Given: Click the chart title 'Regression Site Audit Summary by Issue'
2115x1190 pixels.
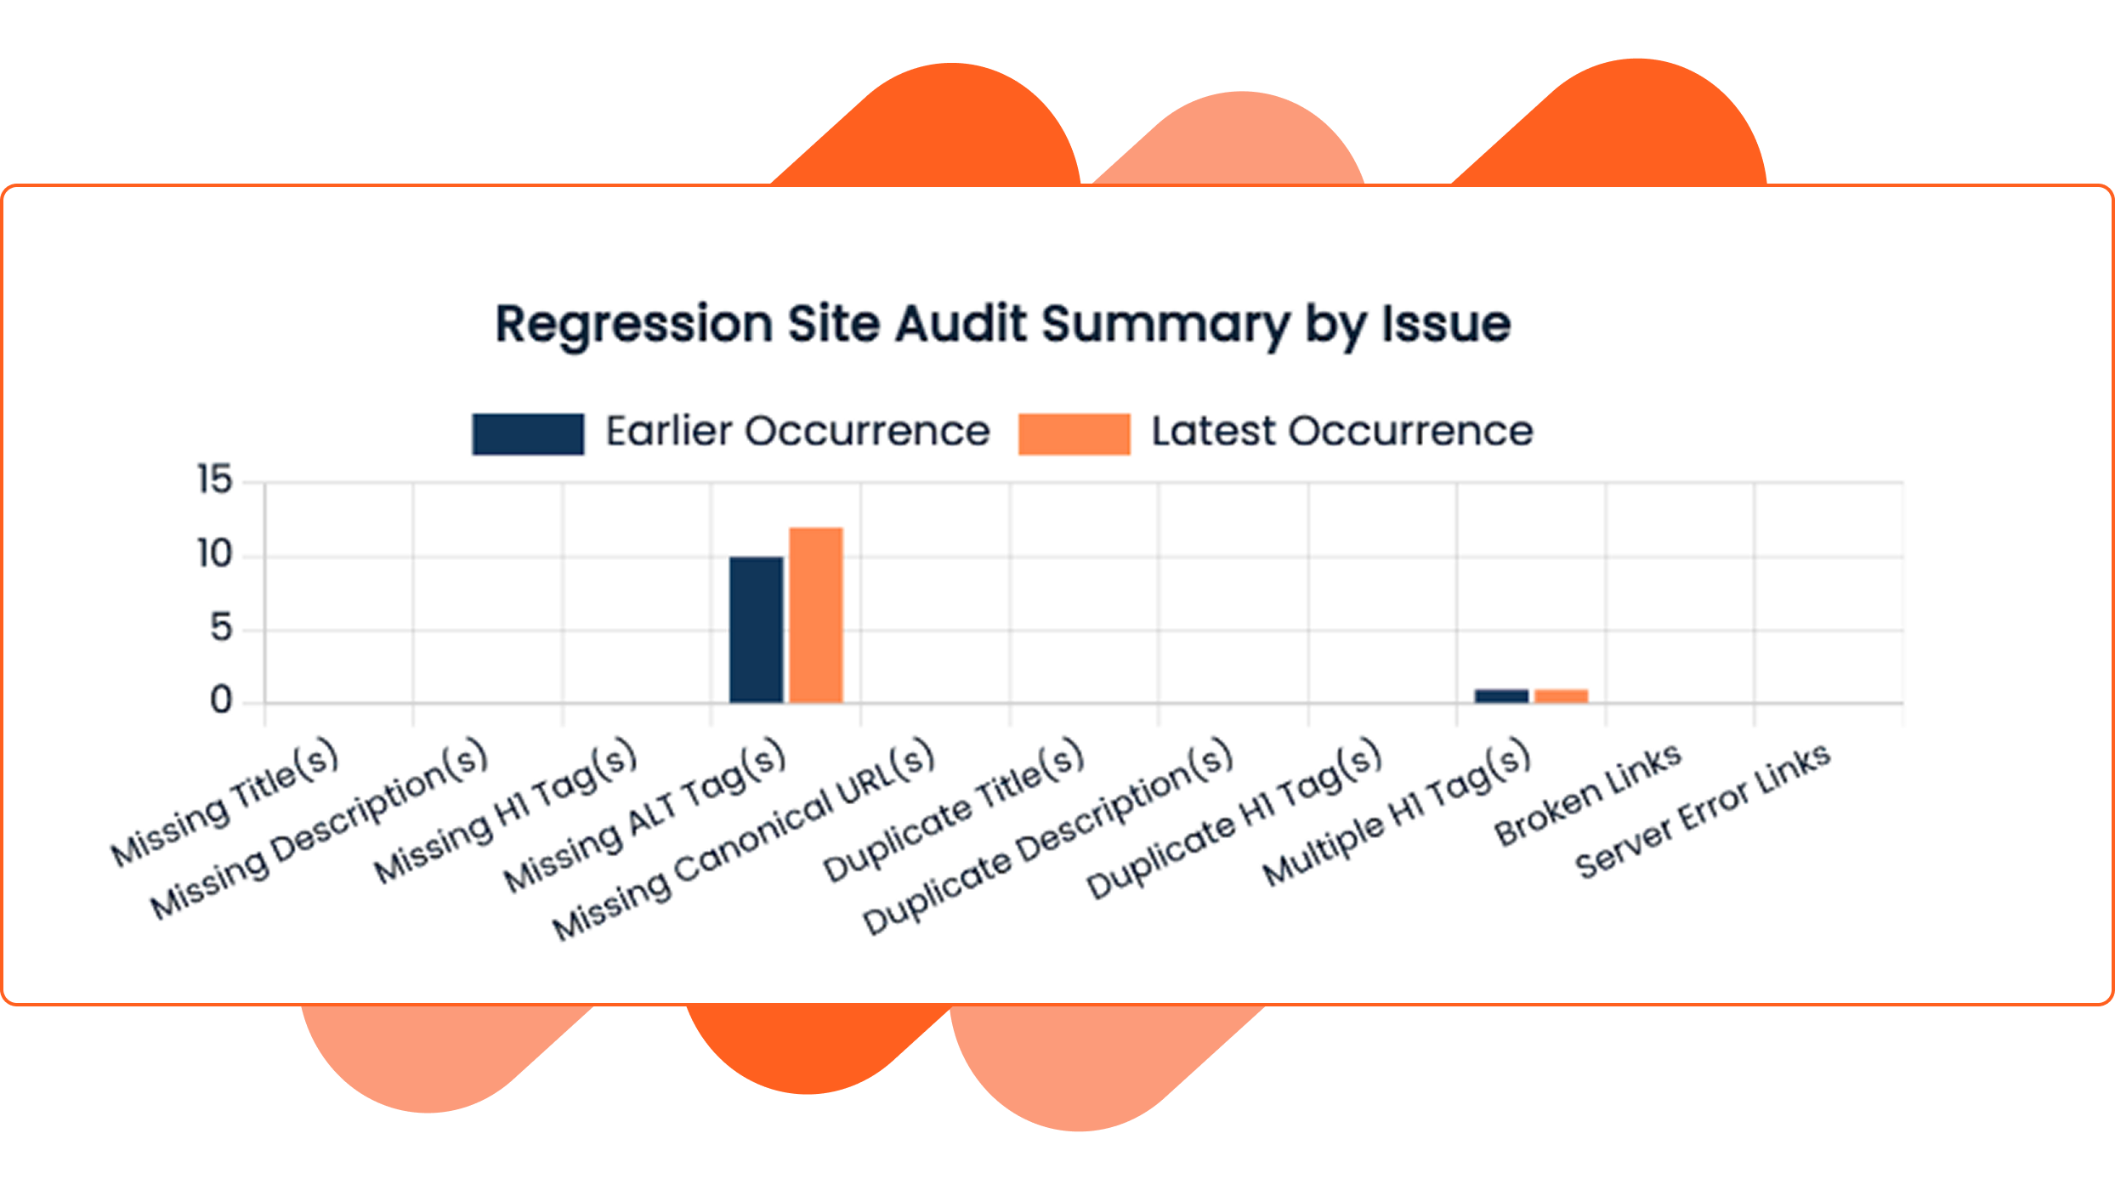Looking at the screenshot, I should pyautogui.click(x=1002, y=325).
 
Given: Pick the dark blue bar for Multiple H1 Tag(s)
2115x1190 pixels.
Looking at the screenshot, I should pyautogui.click(x=1501, y=696).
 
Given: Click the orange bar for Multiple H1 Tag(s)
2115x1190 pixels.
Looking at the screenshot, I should pyautogui.click(x=1561, y=696).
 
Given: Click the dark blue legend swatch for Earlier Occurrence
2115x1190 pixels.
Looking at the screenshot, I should pyautogui.click(x=528, y=433).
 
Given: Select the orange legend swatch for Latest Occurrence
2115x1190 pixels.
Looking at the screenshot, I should pyautogui.click(x=1074, y=433).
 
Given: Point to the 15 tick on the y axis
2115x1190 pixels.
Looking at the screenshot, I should pyautogui.click(x=214, y=480).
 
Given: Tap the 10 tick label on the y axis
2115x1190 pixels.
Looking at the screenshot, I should pyautogui.click(x=214, y=555).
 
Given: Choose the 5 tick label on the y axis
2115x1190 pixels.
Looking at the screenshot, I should pyautogui.click(x=221, y=629).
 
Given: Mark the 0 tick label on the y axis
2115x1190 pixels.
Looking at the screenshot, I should pyautogui.click(x=221, y=701).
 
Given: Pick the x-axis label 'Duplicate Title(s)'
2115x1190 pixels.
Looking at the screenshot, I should pyautogui.click(x=954, y=810).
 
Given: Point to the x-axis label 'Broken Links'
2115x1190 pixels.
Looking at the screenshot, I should pyautogui.click(x=1588, y=795).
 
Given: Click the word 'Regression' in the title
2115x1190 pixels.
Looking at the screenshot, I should pyautogui.click(x=633, y=325).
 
